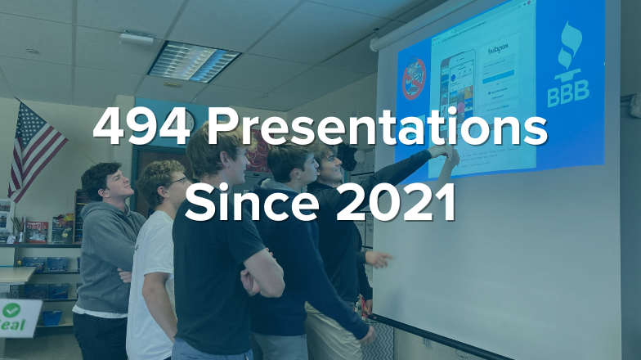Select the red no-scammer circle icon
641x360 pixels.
pyautogui.click(x=414, y=79)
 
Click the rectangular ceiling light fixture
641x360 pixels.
pyautogui.click(x=194, y=61)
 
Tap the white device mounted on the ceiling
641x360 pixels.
pyautogui.click(x=136, y=38)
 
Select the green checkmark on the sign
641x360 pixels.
pyautogui.click(x=11, y=310)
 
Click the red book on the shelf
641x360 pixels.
pyautogui.click(x=36, y=232)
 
